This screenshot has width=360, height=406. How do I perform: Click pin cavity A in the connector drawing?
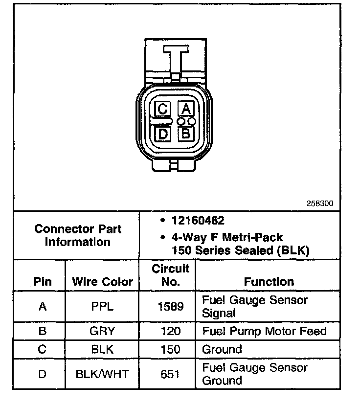(x=186, y=109)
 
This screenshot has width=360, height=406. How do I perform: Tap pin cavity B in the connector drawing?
(x=186, y=133)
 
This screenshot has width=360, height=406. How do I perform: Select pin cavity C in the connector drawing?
(x=163, y=109)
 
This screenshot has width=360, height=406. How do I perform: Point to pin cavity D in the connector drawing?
(x=163, y=133)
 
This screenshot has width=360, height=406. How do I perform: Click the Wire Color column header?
(x=102, y=282)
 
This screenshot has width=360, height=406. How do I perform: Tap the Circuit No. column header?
(x=170, y=275)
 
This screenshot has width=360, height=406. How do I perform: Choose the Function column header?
(x=269, y=282)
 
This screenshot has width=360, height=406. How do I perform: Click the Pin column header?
(x=43, y=282)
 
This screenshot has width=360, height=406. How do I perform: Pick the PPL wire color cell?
(x=102, y=307)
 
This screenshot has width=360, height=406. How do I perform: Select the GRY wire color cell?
(x=102, y=331)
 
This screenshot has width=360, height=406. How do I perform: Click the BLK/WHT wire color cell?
(x=102, y=374)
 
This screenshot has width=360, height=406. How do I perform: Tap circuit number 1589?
(x=170, y=307)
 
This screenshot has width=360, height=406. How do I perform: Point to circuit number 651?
(x=170, y=374)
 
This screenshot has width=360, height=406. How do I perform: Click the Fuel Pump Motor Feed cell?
(x=264, y=331)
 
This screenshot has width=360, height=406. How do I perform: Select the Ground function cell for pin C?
(x=222, y=350)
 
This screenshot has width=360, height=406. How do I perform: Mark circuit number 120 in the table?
(x=170, y=331)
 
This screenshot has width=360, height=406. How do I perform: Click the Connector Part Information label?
(x=78, y=235)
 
